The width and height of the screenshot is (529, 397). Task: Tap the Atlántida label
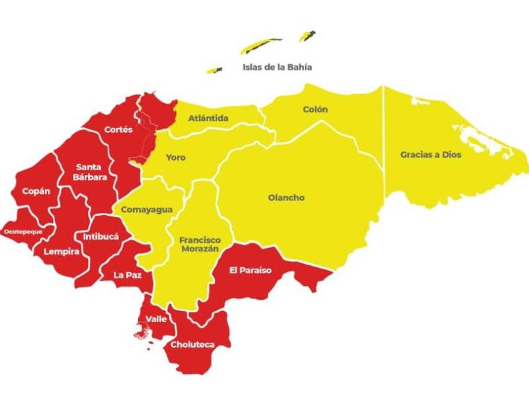[x=208, y=118]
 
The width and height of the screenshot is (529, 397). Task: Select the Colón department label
[x=315, y=109]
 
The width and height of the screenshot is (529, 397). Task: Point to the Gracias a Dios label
[x=430, y=155]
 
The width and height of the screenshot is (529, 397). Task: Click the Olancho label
[x=286, y=197]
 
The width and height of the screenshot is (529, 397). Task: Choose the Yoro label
[x=175, y=157]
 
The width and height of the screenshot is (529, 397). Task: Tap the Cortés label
[x=118, y=130]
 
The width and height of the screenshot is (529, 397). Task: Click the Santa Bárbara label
[x=91, y=171]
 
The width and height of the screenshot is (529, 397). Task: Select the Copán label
[x=36, y=191]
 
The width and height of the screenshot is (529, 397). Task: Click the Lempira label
[x=61, y=251]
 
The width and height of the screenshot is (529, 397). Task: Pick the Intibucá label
[x=101, y=236]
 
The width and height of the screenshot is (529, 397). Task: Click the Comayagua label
[x=146, y=210]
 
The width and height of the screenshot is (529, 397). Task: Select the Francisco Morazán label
[x=200, y=244]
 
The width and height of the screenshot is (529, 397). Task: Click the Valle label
[x=156, y=319]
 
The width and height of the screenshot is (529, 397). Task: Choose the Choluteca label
[x=191, y=345]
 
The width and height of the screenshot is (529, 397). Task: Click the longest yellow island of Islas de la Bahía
[x=261, y=46]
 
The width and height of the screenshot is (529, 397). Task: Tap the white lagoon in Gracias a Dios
[x=483, y=140]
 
